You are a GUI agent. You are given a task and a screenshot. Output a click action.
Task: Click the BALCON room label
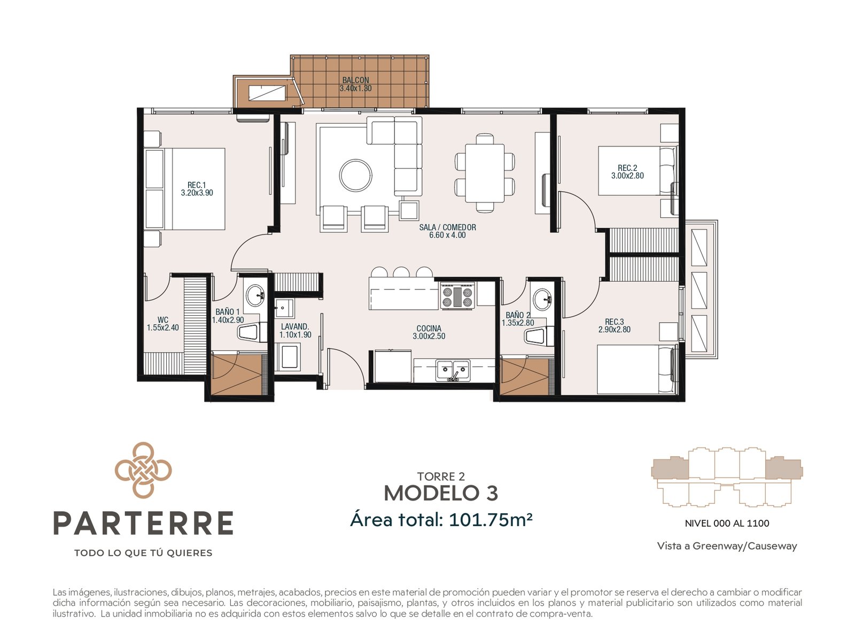[x=355, y=80]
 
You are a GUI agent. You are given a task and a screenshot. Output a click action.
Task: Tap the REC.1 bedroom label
[x=196, y=185]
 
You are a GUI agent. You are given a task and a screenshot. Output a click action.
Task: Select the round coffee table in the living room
[x=355, y=175]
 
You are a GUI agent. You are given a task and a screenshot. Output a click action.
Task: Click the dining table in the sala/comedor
[x=485, y=173]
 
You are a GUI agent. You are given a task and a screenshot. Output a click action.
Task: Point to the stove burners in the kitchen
[x=457, y=296]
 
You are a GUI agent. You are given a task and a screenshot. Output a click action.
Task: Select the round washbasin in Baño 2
[x=542, y=299]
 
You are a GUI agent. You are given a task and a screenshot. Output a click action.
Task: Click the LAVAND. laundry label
[x=295, y=327]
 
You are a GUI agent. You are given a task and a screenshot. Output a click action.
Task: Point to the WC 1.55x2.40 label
[x=163, y=324]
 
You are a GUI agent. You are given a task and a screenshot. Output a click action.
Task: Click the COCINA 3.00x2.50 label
[x=429, y=332]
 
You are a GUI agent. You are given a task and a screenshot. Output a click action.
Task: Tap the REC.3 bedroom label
[x=615, y=322]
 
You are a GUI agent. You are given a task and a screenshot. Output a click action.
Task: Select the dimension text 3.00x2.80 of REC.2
[x=627, y=176]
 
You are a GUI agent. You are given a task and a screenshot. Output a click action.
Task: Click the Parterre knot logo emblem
[x=143, y=470]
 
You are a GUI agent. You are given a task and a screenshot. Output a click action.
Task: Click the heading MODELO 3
[x=441, y=493]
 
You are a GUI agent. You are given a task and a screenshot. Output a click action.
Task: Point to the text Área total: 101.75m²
[x=441, y=519]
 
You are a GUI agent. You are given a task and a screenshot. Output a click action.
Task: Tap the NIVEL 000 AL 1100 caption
[x=727, y=523]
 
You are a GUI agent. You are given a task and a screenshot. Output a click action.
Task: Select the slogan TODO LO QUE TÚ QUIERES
[x=143, y=553]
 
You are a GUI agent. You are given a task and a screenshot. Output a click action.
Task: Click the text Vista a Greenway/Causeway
[x=727, y=546]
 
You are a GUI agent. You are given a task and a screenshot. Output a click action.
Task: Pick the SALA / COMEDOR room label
[x=448, y=228]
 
